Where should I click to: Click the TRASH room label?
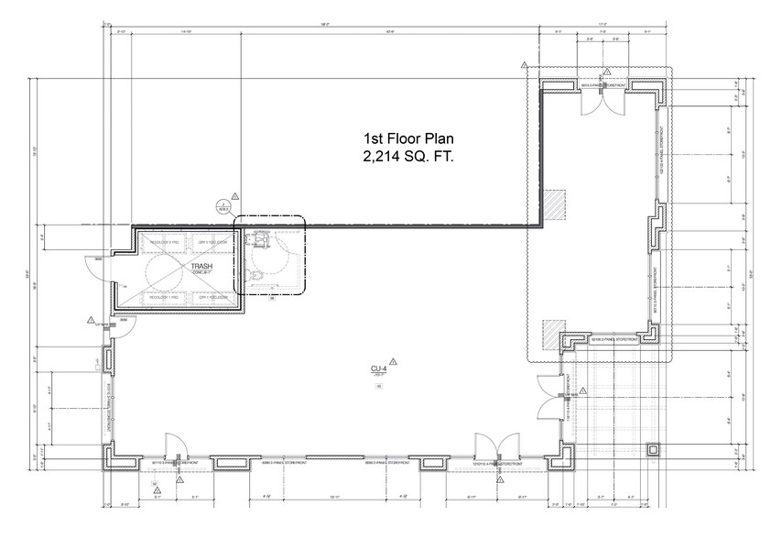coord(201,266)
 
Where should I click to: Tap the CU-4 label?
coord(375,368)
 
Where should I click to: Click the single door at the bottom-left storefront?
coord(173,446)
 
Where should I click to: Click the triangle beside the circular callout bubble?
coord(235,196)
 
